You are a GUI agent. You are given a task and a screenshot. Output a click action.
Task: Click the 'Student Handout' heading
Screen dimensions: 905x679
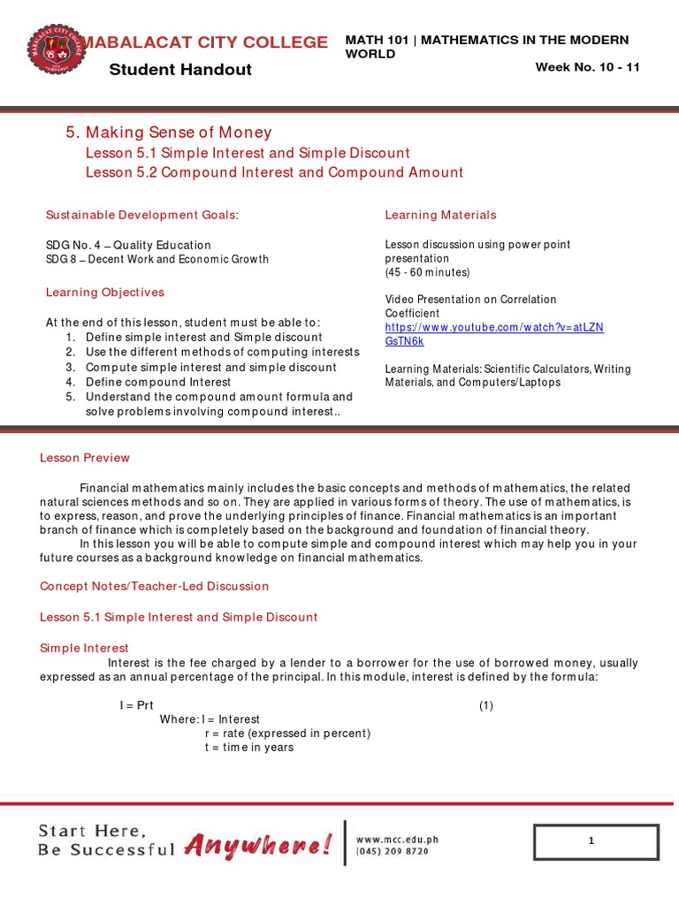coord(180,70)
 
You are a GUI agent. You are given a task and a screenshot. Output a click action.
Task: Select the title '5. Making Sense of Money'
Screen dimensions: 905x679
coord(169,133)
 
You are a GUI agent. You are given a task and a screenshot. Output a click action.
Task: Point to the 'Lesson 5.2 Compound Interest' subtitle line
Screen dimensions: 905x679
coord(274,172)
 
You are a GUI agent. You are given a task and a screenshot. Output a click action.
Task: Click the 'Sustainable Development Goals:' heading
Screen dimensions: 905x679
coord(142,215)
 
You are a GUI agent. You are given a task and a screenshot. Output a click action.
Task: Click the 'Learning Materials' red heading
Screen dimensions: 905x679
coord(440,215)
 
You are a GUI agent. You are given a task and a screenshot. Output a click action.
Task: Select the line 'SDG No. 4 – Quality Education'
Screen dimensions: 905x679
coord(128,245)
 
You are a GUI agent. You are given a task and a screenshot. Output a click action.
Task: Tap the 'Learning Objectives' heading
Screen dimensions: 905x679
coord(105,293)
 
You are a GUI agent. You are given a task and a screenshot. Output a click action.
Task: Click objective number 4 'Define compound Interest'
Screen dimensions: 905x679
coord(158,382)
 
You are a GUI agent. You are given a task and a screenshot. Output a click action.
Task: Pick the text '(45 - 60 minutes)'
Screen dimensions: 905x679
coord(427,272)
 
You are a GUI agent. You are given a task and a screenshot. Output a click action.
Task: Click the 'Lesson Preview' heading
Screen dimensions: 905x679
coord(85,458)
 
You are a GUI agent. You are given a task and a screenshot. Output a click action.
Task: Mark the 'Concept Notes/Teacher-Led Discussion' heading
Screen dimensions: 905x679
coord(155,586)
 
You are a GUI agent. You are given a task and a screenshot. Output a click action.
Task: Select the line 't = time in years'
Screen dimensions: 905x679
coord(248,748)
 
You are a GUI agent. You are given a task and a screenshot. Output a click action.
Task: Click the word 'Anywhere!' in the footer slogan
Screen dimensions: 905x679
coord(259,847)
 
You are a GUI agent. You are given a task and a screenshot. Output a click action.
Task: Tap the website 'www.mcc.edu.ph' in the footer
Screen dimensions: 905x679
coord(397,840)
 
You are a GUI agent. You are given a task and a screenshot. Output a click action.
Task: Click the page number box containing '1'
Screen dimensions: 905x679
coord(596,842)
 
